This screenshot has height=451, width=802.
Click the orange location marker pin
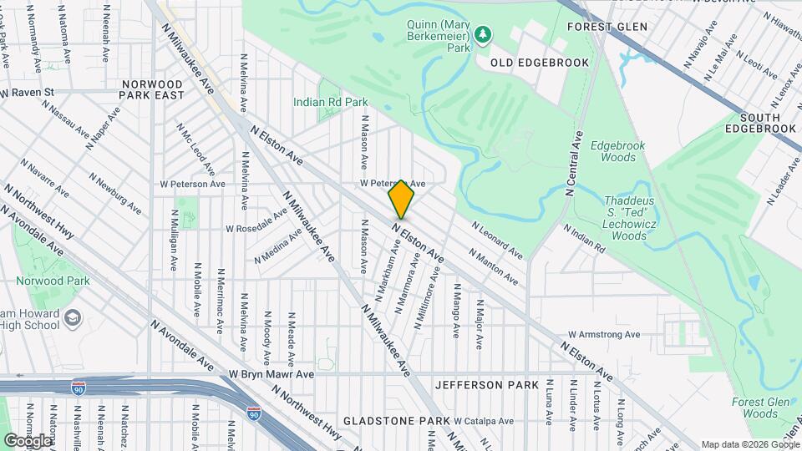click(402, 200)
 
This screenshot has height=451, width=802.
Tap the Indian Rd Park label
click(330, 102)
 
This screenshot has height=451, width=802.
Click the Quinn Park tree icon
click(483, 34)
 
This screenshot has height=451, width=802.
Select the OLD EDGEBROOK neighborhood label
click(540, 63)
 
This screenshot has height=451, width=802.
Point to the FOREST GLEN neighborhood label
click(607, 27)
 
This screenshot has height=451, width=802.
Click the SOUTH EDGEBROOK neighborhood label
click(760, 122)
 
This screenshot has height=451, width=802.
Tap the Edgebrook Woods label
click(618, 151)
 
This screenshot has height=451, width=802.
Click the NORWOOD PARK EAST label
click(152, 90)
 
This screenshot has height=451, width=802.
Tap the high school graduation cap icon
click(73, 318)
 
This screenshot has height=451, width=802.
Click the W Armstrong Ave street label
click(602, 335)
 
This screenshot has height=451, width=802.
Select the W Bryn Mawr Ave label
click(272, 374)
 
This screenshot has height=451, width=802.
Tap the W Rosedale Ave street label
click(257, 228)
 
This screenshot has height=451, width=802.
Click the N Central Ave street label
click(574, 164)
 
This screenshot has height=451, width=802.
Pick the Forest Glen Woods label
click(754, 408)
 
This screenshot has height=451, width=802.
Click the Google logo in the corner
click(28, 440)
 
